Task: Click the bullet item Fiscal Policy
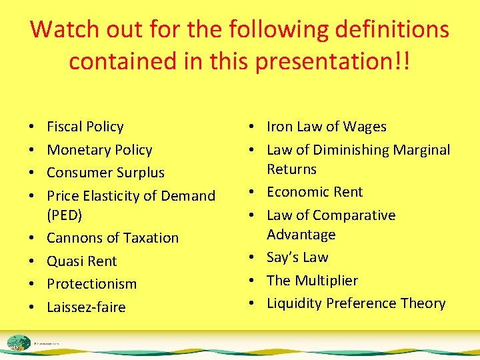coord(85,127)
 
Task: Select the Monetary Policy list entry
coord(99,150)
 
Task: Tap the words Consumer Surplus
coord(105,173)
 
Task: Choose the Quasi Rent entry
coord(81,261)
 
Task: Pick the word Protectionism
coord(91,284)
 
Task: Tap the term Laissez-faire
coord(86,307)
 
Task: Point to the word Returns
coord(291,169)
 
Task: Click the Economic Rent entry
coord(315,192)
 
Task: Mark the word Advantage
coord(301,235)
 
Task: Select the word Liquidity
coord(295,303)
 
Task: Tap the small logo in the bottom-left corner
coord(20,343)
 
